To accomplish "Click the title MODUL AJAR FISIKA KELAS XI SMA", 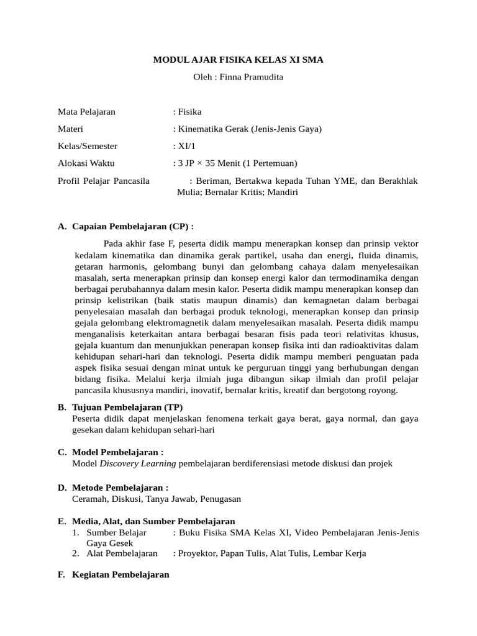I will (238, 60).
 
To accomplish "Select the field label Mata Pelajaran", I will (86, 112).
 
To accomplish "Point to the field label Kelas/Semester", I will (88, 146).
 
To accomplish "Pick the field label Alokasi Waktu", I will (86, 163).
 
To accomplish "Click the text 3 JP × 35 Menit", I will (211, 163).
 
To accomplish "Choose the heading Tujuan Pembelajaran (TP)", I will (127, 407).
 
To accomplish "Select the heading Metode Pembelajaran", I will (120, 487).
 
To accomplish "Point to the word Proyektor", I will (198, 553).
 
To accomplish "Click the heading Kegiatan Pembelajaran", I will (120, 575).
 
